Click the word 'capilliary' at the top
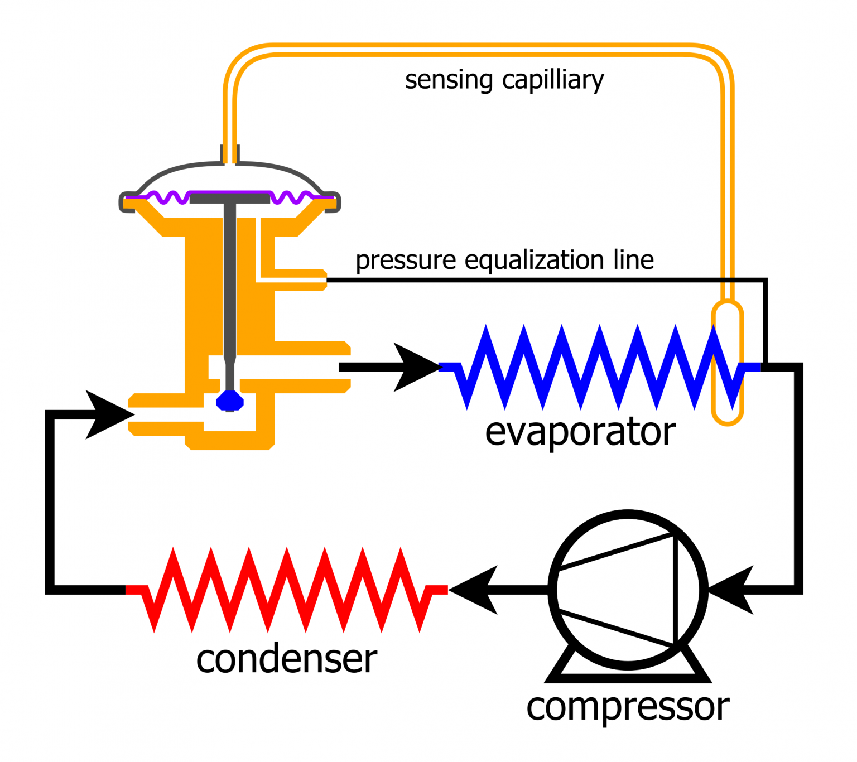point(552,80)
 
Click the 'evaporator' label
point(580,432)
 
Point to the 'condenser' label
point(286,659)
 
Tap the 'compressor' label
point(628,707)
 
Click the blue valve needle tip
point(230,401)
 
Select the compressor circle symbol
point(628,590)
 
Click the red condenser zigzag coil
point(286,590)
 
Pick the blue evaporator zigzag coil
point(600,367)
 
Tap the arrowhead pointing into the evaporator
point(416,367)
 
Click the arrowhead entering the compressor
point(734,590)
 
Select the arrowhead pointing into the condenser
point(474,590)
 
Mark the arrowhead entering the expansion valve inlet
point(109,414)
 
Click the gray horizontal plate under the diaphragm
point(230,197)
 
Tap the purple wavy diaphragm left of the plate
point(167,197)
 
